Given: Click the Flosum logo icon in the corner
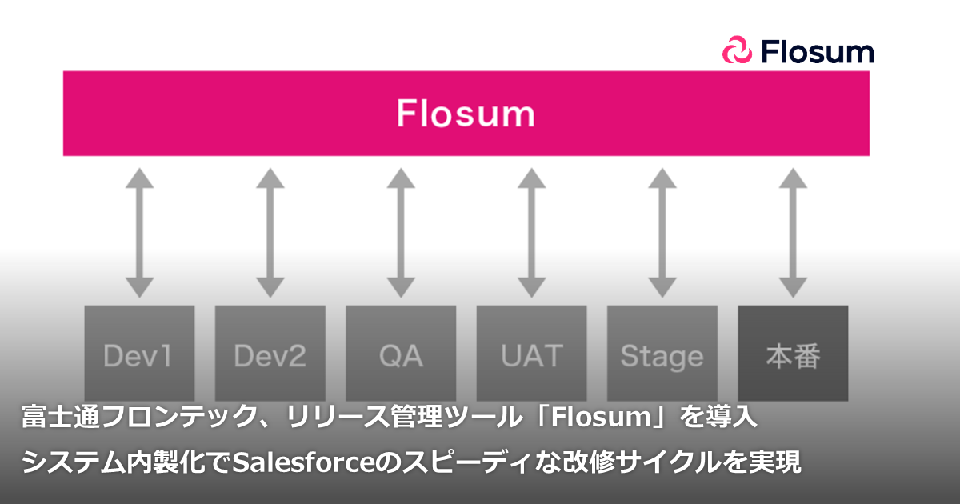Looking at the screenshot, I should pos(738,51).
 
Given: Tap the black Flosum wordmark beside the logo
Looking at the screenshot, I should pos(817,51).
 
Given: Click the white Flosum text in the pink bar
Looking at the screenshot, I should pos(466,114).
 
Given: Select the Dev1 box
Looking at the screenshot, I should pos(139,354).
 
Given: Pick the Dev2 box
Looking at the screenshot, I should pos(270,354).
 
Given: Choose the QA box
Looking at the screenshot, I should pos(401,354).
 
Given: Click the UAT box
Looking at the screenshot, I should pos(531,354).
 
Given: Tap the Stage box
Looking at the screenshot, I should pos(662,354).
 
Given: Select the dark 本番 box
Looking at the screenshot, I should pos(793,354).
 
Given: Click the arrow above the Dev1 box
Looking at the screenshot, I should pos(139,232).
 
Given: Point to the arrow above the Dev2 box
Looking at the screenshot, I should pos(270,232).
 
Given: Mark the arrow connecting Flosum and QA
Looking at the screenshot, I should pos(401,232).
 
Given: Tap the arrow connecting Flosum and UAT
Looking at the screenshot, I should pos(531,232).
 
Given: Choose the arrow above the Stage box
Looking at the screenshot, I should pos(662,232).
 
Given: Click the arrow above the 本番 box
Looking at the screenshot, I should pos(793,232).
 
